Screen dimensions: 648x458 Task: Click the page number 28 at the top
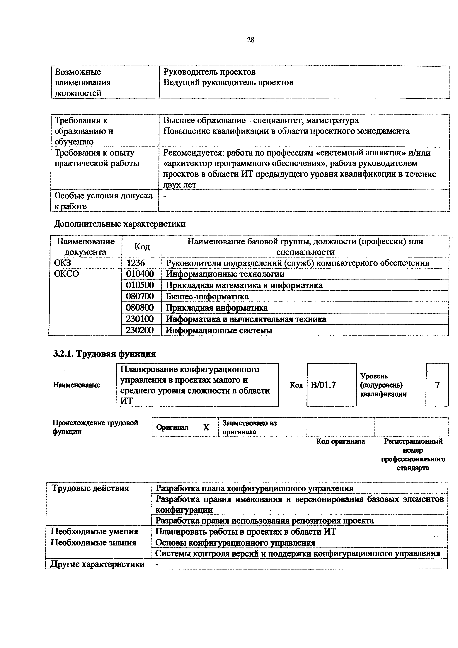coord(250,40)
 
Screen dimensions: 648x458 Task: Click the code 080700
coord(140,296)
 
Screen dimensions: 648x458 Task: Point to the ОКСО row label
coord(67,274)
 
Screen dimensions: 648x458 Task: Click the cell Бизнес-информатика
coord(207,296)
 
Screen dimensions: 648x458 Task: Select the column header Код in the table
coord(142,246)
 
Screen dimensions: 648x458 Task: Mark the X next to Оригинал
coord(206,428)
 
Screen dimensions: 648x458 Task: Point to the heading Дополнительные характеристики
coord(120,224)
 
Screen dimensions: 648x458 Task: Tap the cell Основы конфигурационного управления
coord(235,543)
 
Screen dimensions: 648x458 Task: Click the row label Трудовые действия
coord(90,488)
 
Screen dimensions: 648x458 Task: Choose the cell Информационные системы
coord(219,330)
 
